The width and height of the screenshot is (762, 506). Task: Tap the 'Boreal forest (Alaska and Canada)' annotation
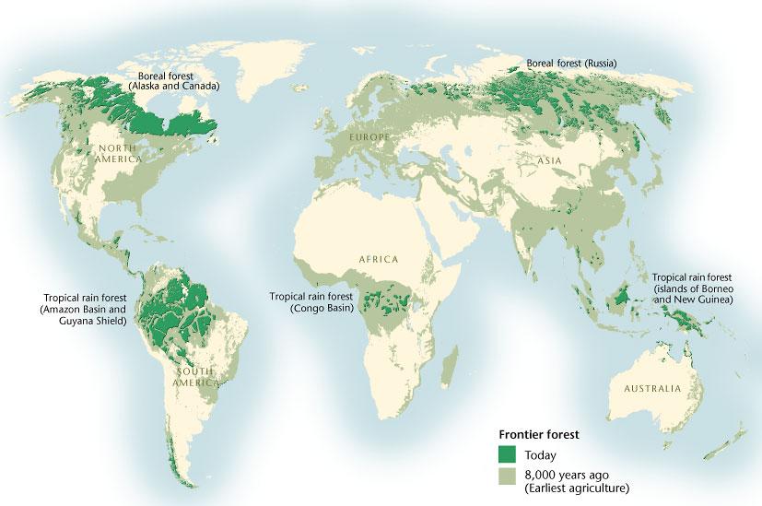click(174, 80)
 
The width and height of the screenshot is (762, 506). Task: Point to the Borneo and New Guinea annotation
click(692, 288)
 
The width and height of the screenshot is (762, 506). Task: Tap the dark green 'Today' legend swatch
click(506, 454)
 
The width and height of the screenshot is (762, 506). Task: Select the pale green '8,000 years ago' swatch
click(506, 476)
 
